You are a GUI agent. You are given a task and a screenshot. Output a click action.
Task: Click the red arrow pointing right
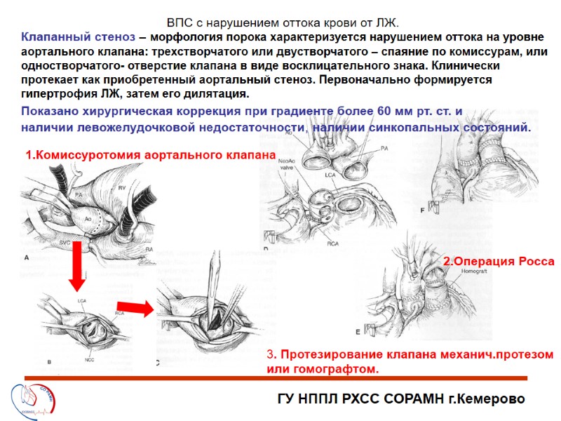pyautogui.click(x=140, y=307)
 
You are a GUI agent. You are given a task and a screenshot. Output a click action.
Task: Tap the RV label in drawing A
pyautogui.click(x=121, y=187)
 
